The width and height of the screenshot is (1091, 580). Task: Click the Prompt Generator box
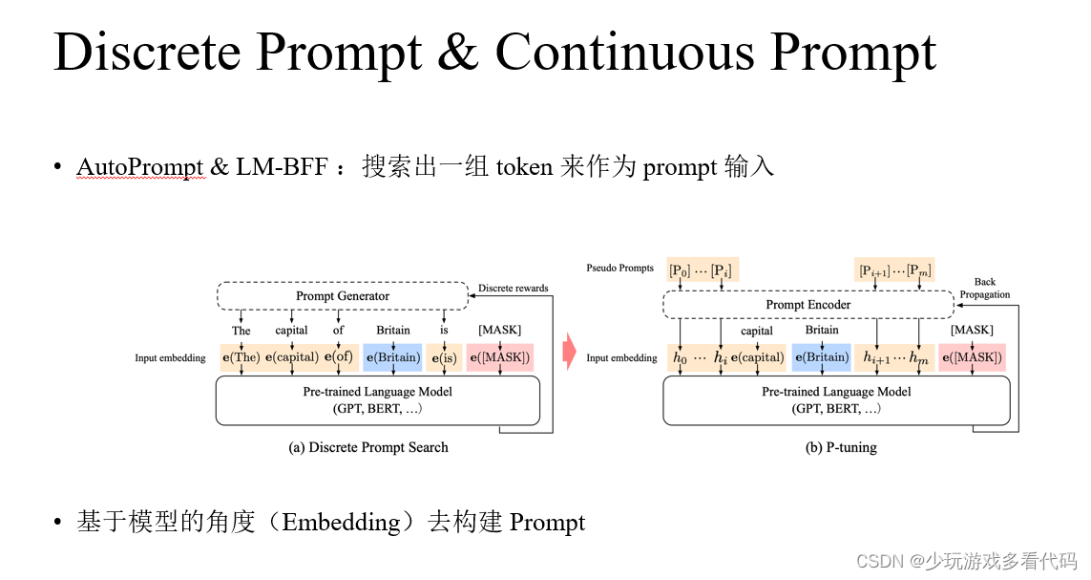tap(343, 296)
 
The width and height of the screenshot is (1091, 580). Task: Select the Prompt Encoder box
tap(808, 304)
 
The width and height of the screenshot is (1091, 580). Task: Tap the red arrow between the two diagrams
tap(569, 351)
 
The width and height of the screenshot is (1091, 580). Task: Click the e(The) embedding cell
tap(241, 357)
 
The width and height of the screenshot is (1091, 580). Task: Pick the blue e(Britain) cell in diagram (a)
tap(393, 357)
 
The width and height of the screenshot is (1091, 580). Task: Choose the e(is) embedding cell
tap(444, 357)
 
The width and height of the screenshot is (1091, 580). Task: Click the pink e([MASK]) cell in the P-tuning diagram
tap(972, 357)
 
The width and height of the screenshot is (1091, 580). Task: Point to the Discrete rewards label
tap(513, 289)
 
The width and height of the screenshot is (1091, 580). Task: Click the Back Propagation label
tap(984, 289)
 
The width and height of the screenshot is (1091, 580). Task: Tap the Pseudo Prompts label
tap(619, 269)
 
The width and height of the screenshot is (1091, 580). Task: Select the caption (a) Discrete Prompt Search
tap(368, 448)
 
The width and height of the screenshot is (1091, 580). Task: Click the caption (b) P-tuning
tap(841, 448)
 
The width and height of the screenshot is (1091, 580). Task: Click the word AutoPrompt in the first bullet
tap(140, 167)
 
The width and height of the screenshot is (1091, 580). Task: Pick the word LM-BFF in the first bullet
tap(282, 167)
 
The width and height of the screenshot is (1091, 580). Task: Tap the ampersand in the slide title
tap(458, 52)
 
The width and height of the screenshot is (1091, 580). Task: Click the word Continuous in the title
tap(625, 52)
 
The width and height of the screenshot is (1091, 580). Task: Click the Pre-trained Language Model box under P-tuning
tap(836, 400)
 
